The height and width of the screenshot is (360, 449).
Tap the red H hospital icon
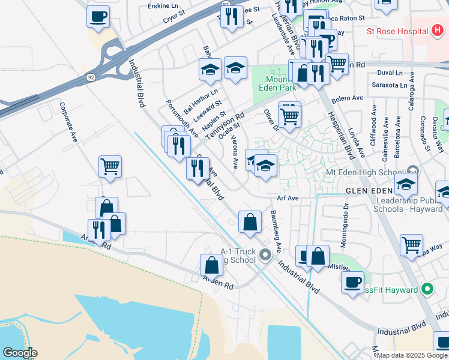[x=436, y=31]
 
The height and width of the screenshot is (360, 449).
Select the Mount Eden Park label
[x=282, y=83]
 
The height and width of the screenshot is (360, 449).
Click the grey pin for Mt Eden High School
[x=413, y=170]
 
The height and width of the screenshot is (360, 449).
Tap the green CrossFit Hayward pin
[x=427, y=290]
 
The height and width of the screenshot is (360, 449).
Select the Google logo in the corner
[x=19, y=352]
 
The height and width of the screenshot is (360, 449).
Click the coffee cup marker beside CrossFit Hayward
[x=352, y=281]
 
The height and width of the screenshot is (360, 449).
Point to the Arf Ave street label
[x=288, y=198]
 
